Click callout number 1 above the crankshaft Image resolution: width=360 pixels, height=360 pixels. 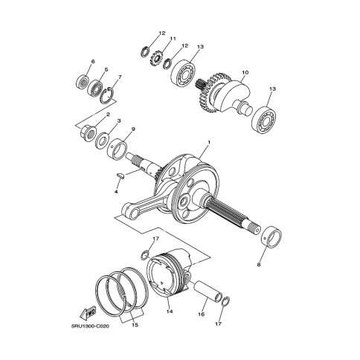pos(209,142)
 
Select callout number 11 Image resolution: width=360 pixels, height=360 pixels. pos(172,39)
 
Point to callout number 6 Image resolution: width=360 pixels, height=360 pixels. pos(93,61)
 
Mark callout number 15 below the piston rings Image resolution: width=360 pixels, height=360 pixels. pos(135,326)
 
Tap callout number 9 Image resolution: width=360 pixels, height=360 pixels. pos(132,129)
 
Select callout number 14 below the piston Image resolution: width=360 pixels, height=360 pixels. pos(170,312)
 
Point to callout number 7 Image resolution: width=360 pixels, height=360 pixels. pos(120,77)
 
